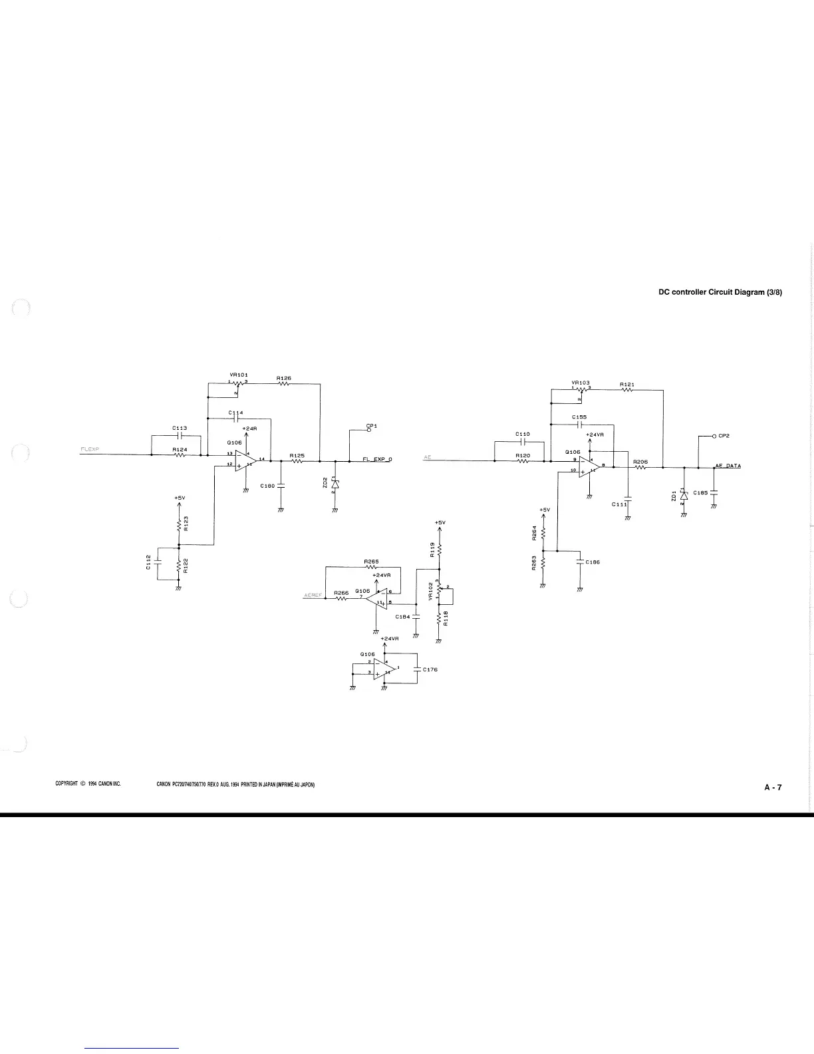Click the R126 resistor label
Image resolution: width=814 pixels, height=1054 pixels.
click(284, 378)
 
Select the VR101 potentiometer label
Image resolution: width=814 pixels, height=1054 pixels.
click(239, 375)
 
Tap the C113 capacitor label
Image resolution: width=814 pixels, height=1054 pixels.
click(179, 428)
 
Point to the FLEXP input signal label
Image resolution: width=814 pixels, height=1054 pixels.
click(90, 449)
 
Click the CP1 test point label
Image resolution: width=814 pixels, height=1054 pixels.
click(371, 425)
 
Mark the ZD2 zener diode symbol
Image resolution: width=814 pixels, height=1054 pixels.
click(335, 485)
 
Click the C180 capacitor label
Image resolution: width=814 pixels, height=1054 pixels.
click(267, 486)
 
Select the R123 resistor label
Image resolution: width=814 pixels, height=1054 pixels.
click(186, 524)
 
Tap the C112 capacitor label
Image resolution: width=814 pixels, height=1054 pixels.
click(148, 562)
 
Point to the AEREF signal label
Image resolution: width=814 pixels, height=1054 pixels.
click(313, 594)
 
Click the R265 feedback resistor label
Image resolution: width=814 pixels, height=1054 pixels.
click(371, 562)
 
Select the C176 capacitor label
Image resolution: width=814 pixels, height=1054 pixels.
click(430, 669)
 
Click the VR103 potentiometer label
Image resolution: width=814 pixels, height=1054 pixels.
click(581, 383)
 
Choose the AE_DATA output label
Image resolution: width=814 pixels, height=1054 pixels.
click(728, 465)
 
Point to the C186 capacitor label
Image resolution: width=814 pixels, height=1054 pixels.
click(593, 562)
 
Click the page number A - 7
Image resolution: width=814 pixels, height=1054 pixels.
click(773, 787)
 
